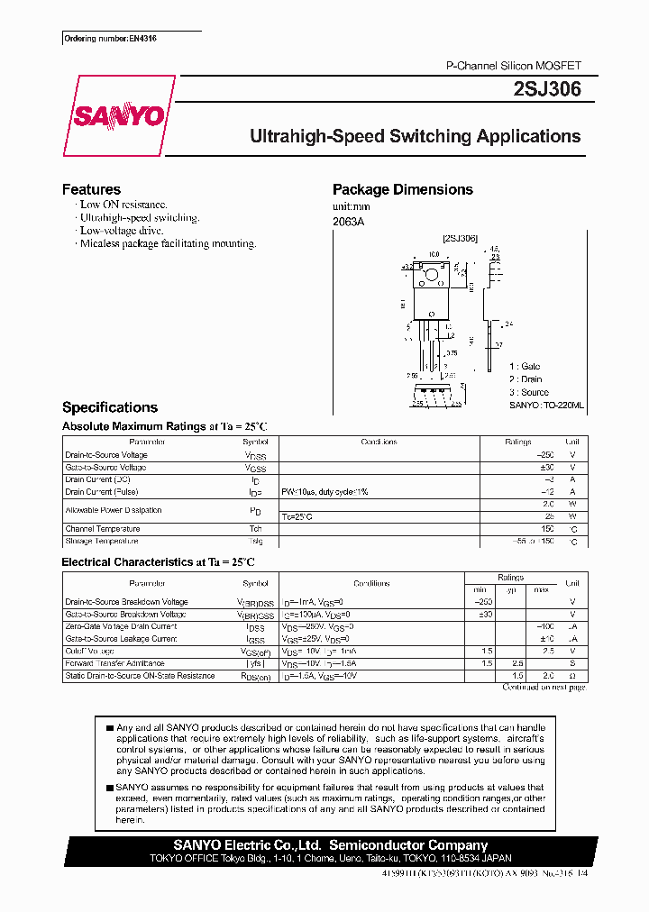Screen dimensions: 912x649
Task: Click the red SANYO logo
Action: (118, 115)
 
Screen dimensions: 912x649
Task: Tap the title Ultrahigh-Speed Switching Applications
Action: (415, 137)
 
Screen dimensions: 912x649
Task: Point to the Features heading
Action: (91, 189)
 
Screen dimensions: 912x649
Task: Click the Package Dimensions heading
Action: (402, 189)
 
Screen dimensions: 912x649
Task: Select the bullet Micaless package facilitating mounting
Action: (168, 243)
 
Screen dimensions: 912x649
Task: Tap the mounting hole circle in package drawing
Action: (432, 274)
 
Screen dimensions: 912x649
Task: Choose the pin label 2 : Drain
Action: (527, 379)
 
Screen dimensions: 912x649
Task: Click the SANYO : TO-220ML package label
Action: (546, 406)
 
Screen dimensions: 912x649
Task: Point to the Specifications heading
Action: (109, 407)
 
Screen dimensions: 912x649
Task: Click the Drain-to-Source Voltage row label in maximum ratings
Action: (106, 455)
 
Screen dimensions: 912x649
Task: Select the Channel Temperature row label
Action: (102, 529)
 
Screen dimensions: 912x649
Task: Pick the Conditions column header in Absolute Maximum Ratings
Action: (379, 442)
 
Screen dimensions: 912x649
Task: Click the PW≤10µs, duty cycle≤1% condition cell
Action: (324, 492)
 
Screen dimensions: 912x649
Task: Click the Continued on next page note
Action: (544, 687)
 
